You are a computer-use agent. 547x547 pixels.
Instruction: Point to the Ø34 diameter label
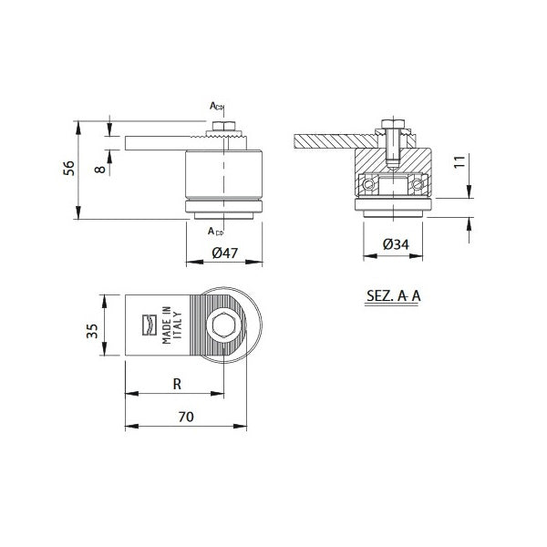pos(394,244)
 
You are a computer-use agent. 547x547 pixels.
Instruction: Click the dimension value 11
pos(461,164)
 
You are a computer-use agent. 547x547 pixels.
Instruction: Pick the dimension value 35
pos(93,329)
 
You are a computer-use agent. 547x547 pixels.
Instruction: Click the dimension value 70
pos(185,417)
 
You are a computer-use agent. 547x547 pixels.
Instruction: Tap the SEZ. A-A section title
pos(394,296)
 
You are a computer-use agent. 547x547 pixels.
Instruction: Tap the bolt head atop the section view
pos(393,123)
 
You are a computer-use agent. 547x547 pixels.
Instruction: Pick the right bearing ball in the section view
pos(419,185)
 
